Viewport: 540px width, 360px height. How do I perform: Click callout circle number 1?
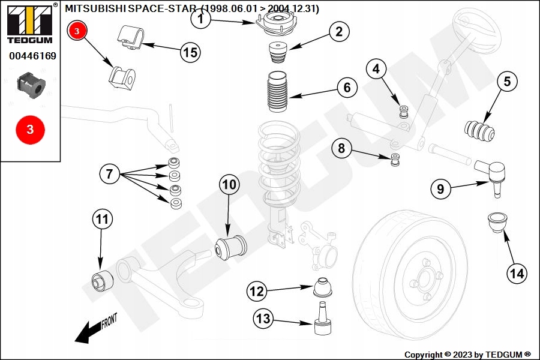[x=202, y=20]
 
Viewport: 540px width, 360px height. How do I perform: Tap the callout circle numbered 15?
[x=190, y=52]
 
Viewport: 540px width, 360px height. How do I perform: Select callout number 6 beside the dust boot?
[x=347, y=88]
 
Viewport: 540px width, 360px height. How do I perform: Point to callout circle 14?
[x=517, y=274]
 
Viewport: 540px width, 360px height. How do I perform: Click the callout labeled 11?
[x=102, y=219]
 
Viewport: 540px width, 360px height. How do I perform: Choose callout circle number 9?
[x=440, y=190]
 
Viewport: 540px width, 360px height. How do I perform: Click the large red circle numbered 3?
[x=30, y=129]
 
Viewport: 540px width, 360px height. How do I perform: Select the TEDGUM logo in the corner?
[x=30, y=24]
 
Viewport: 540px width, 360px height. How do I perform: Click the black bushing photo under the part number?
[x=30, y=85]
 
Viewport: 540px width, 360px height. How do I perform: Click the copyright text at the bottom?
[x=467, y=355]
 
